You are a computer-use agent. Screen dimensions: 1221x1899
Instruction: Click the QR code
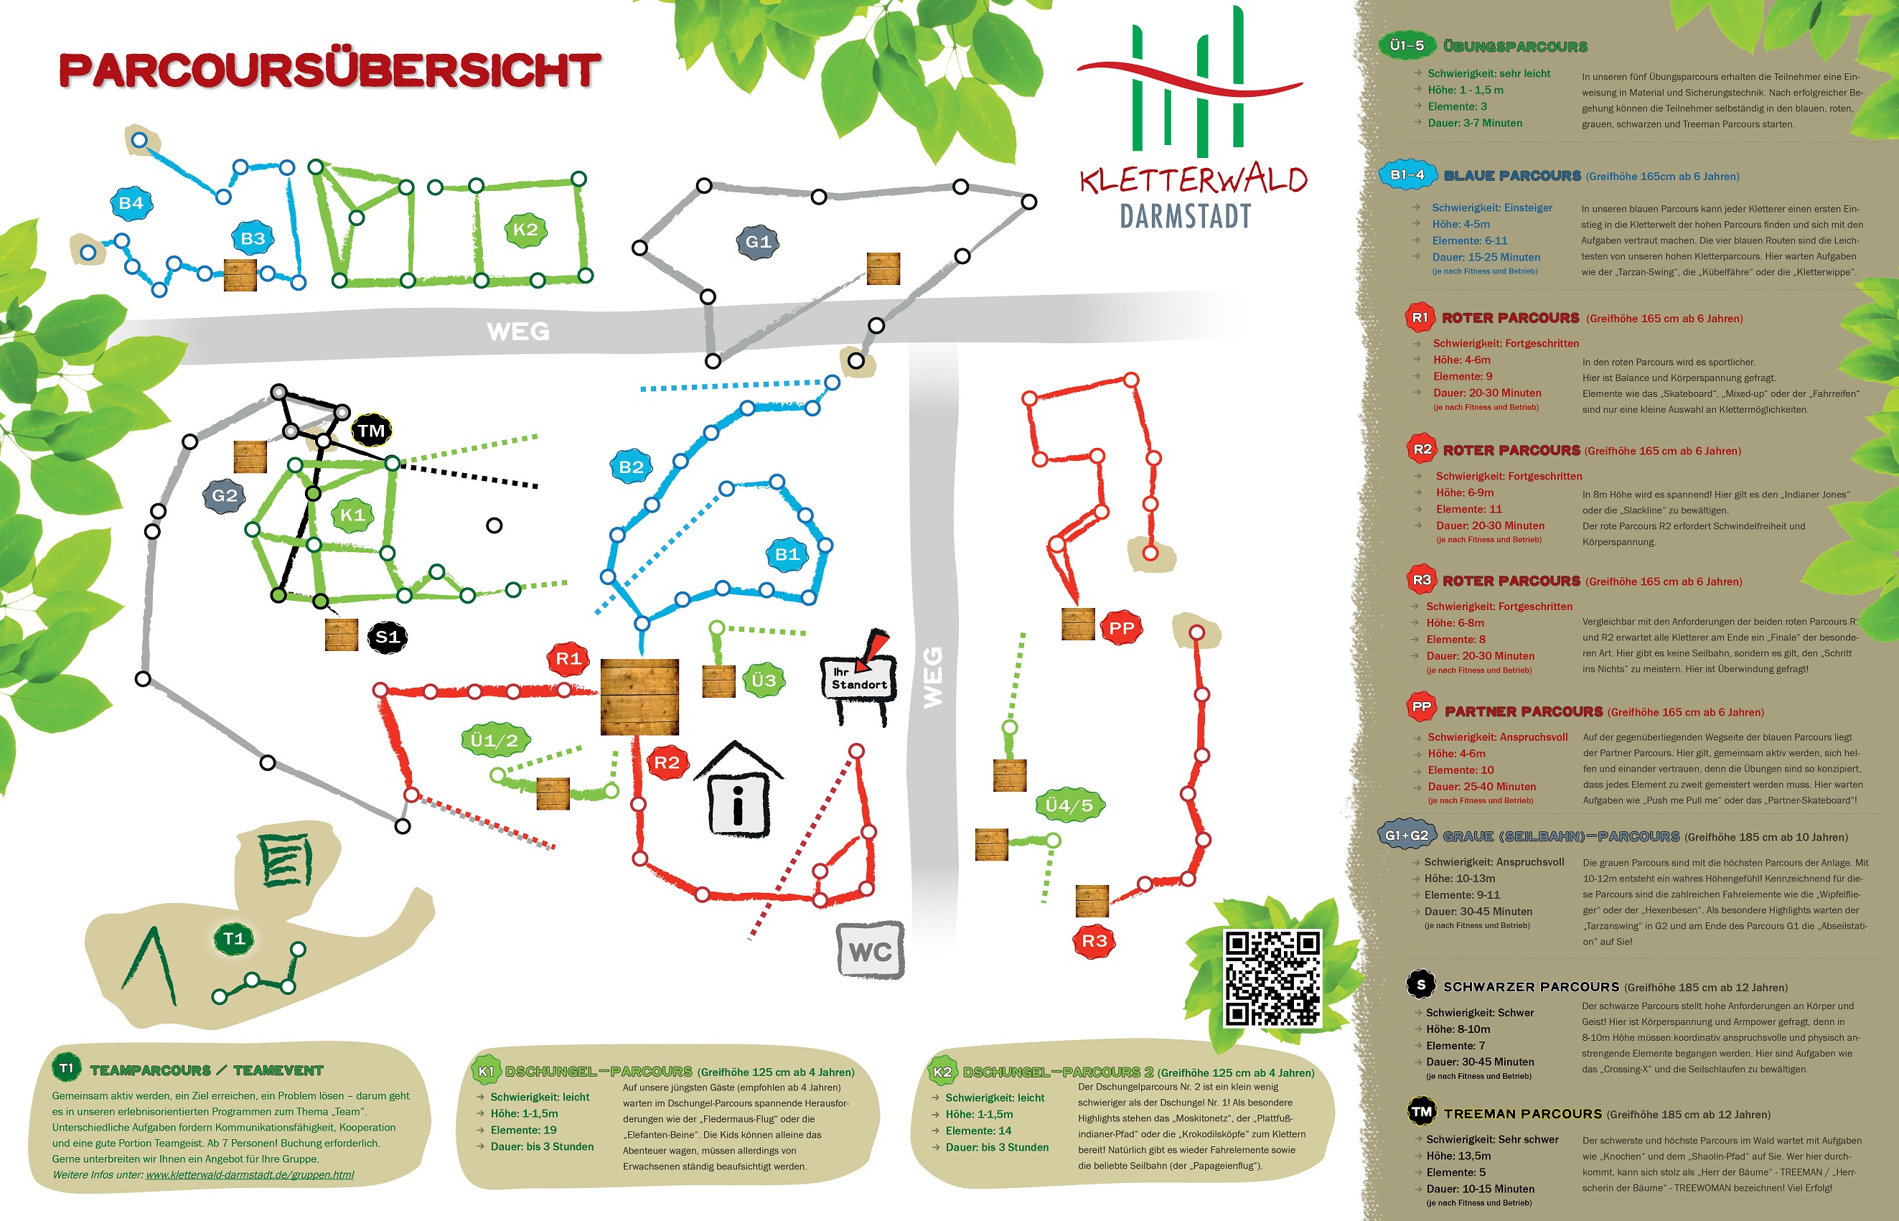pyautogui.click(x=1272, y=978)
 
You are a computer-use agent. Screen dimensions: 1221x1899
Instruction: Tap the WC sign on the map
pyautogui.click(x=871, y=950)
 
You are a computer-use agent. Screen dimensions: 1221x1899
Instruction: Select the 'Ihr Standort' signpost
pyautogui.click(x=859, y=678)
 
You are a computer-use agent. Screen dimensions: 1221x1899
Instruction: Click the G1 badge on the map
pyautogui.click(x=758, y=241)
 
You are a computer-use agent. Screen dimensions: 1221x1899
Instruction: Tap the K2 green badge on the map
pyautogui.click(x=525, y=230)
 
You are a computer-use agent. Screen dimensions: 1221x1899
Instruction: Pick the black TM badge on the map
pyautogui.click(x=371, y=431)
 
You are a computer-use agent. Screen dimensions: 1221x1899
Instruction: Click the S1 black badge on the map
pyautogui.click(x=387, y=637)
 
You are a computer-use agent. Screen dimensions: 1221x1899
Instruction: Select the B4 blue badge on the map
pyautogui.click(x=131, y=203)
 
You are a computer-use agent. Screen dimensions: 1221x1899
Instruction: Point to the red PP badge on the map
pyautogui.click(x=1121, y=628)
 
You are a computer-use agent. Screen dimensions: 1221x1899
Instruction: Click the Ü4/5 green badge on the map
pyautogui.click(x=1069, y=805)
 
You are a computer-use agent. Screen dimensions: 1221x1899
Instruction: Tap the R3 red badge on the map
pyautogui.click(x=1094, y=940)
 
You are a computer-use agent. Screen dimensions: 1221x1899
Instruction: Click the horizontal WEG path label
pyautogui.click(x=517, y=331)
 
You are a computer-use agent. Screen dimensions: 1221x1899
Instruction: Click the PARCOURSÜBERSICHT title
pyautogui.click(x=329, y=70)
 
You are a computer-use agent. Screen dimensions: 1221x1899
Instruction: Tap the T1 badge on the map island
pyautogui.click(x=234, y=939)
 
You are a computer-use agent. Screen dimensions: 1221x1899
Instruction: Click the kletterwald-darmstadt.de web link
pyautogui.click(x=250, y=1174)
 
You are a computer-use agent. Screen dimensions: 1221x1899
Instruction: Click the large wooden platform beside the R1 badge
pyautogui.click(x=639, y=696)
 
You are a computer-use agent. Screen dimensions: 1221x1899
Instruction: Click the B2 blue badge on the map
pyautogui.click(x=631, y=466)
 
